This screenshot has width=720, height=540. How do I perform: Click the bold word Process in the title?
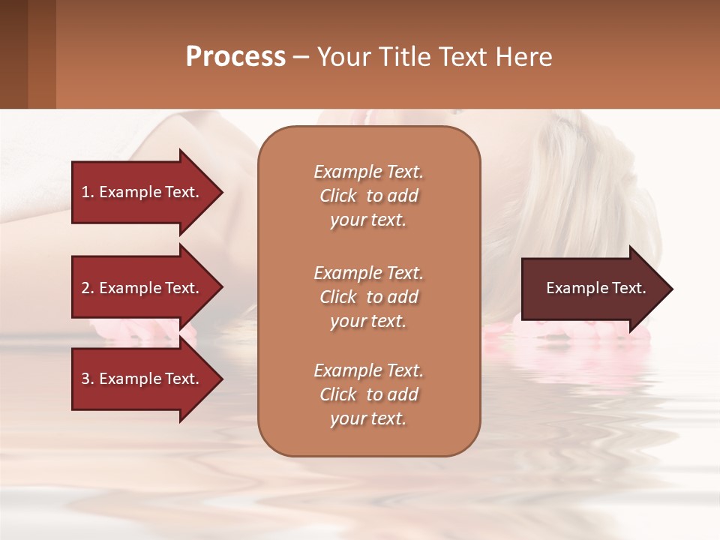(x=235, y=57)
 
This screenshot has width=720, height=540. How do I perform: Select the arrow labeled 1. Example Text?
(x=142, y=192)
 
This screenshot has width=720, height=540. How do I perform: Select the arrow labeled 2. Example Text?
(x=142, y=288)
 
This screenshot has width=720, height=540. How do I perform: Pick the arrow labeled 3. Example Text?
(x=142, y=379)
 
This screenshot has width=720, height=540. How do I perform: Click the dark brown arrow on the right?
(x=592, y=289)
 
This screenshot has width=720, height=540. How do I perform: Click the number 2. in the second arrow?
(x=87, y=288)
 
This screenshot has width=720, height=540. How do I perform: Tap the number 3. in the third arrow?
(x=87, y=379)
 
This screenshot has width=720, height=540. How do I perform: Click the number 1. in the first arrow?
(x=87, y=192)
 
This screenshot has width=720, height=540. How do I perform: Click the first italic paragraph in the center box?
(x=368, y=196)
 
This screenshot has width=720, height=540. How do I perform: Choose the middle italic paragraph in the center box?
(x=368, y=296)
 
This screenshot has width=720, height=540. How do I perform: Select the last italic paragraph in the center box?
(x=368, y=394)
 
